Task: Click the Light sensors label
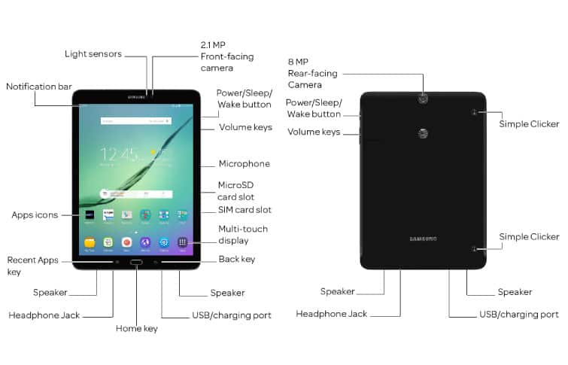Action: [94, 54]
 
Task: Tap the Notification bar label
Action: [37, 87]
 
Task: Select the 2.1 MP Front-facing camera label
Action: [226, 56]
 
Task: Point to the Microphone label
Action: [244, 163]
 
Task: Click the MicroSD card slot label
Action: [235, 191]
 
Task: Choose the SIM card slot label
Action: [245, 210]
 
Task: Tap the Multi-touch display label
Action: [242, 235]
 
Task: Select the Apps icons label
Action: [35, 215]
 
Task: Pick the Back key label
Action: [236, 260]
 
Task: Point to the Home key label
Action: [136, 328]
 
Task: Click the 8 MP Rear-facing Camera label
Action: [312, 73]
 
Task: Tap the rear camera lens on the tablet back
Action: [423, 97]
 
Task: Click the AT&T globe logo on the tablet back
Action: [423, 135]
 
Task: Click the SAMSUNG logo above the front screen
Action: [136, 96]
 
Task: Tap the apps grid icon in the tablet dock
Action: [182, 242]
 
